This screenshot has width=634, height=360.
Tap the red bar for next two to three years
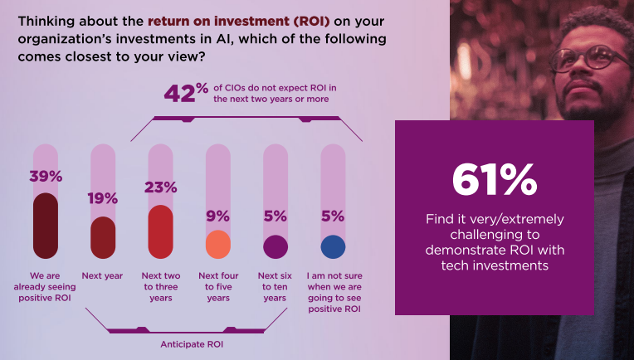click(160, 232)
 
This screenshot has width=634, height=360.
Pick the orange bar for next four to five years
click(217, 245)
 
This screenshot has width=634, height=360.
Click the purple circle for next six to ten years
click(275, 246)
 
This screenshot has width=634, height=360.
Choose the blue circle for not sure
click(333, 246)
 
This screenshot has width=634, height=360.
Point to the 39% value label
click(46, 176)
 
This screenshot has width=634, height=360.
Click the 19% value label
click(103, 199)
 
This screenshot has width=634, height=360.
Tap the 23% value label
click(160, 187)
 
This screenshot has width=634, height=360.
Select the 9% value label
click(217, 216)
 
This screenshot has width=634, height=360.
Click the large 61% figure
click(495, 179)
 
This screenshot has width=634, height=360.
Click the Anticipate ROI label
click(188, 342)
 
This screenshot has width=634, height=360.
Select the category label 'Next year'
click(102, 275)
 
